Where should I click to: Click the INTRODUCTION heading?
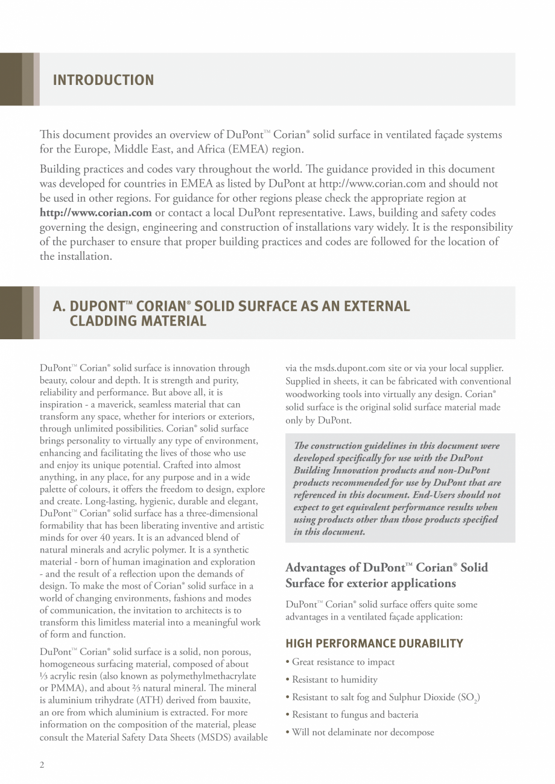click(103, 80)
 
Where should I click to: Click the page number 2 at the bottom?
click(42, 765)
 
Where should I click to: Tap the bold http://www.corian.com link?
click(95, 212)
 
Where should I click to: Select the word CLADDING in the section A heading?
click(103, 321)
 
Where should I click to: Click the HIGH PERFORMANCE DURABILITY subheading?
click(374, 644)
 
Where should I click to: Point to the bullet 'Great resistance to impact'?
click(343, 662)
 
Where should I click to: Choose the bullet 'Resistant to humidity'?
click(335, 680)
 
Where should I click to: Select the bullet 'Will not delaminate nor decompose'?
click(363, 733)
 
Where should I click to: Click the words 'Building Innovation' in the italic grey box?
click(336, 470)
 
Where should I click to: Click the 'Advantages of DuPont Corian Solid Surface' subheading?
click(386, 575)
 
